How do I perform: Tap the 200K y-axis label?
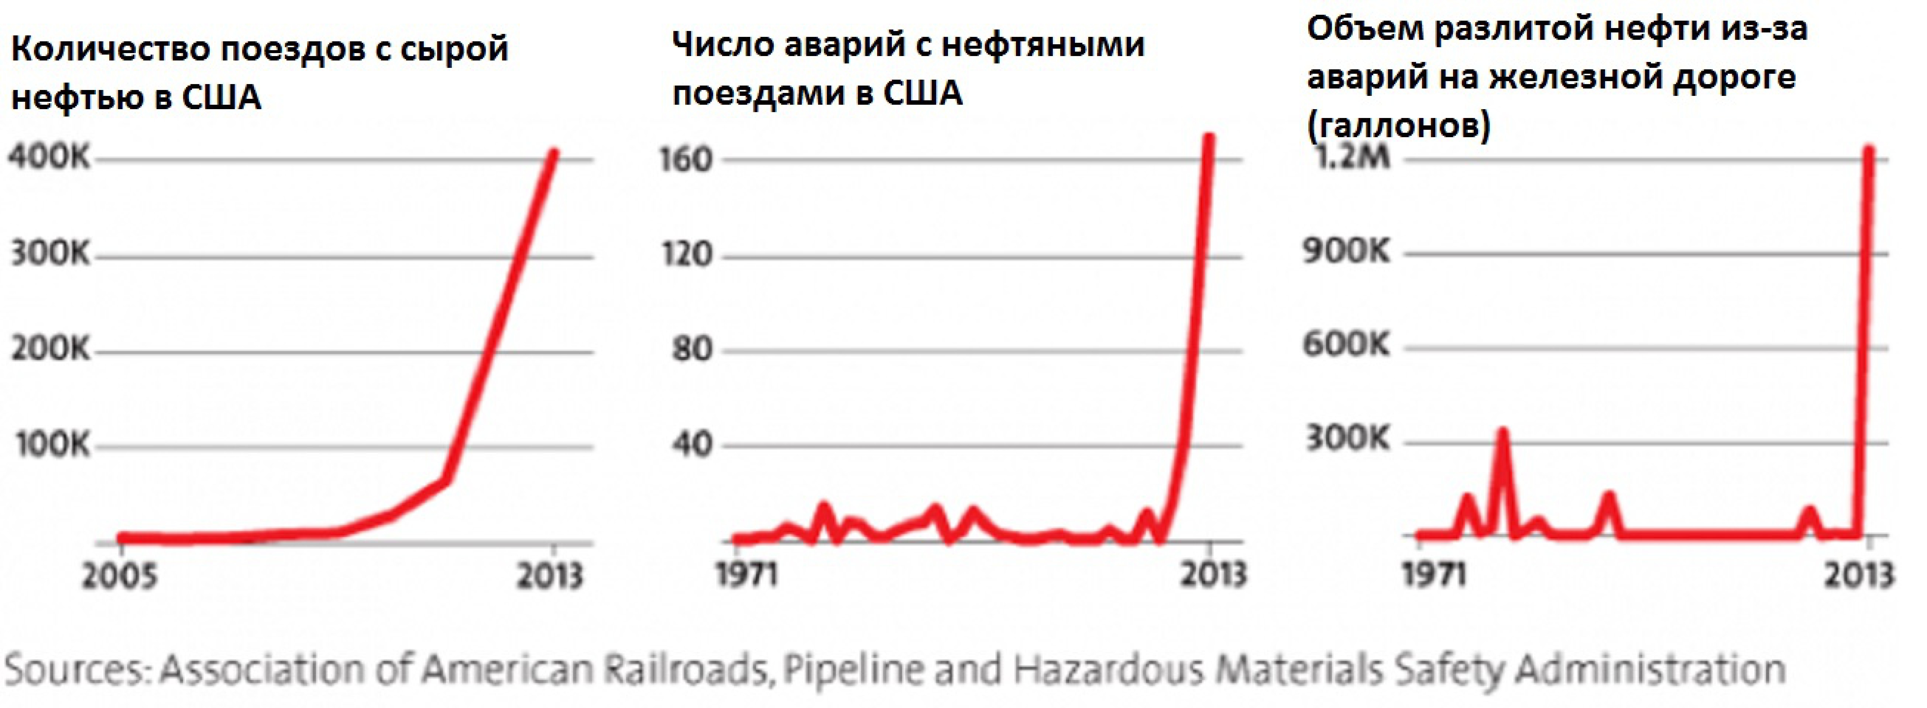pos(49,349)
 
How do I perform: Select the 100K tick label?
pos(51,445)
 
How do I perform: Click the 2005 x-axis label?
pos(120,576)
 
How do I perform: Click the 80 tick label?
pos(692,349)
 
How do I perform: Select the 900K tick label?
pos(1347,252)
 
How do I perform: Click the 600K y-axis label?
pos(1347,345)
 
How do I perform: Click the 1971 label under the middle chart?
pos(746,574)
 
